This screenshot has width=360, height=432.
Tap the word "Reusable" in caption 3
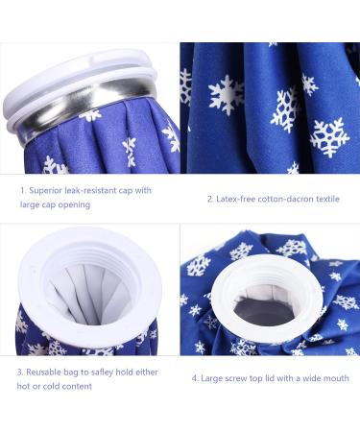46,371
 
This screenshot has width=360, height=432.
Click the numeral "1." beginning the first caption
22,190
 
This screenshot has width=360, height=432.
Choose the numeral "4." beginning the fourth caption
195,378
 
